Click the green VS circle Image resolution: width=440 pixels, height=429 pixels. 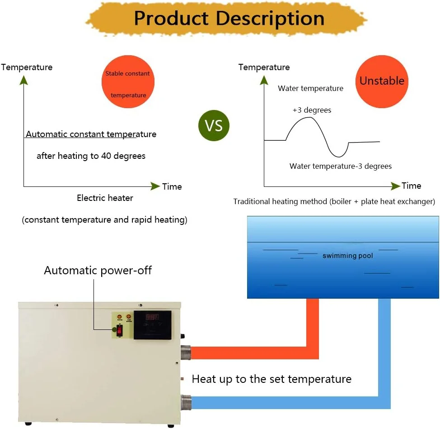(x=214, y=125)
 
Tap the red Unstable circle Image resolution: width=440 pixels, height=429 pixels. (x=382, y=81)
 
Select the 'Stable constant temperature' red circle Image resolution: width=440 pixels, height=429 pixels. (x=128, y=82)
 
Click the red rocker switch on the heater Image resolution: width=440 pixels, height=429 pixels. (x=119, y=330)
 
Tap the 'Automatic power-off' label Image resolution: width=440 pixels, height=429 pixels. (x=98, y=271)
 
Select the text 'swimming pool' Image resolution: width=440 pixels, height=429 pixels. (x=347, y=256)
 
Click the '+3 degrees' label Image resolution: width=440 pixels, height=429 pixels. (x=312, y=110)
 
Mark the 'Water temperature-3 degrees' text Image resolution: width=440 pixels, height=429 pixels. (x=340, y=166)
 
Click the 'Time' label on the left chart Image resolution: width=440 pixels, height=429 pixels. (x=172, y=186)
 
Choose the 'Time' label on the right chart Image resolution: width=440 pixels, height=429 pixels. (x=411, y=186)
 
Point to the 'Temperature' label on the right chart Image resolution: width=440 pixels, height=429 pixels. (x=264, y=67)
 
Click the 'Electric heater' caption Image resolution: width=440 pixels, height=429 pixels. (x=105, y=198)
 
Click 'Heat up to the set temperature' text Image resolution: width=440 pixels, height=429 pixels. (x=271, y=379)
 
